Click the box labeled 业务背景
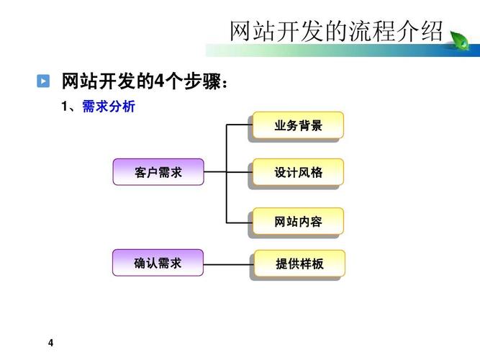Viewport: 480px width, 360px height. point(298,125)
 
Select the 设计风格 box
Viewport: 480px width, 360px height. point(298,173)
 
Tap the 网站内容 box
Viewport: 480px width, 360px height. point(298,221)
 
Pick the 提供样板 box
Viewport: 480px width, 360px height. point(299,264)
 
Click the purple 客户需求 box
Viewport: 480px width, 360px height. point(158,172)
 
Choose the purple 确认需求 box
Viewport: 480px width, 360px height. point(158,263)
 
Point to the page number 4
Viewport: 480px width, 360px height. point(50,341)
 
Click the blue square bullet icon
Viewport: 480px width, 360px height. point(44,81)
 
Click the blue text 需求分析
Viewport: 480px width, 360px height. point(109,107)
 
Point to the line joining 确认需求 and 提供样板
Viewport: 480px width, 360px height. point(228,264)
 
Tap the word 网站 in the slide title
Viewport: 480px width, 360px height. point(250,31)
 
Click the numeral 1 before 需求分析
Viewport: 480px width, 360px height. point(65,107)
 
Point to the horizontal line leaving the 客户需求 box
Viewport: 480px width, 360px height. point(215,172)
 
